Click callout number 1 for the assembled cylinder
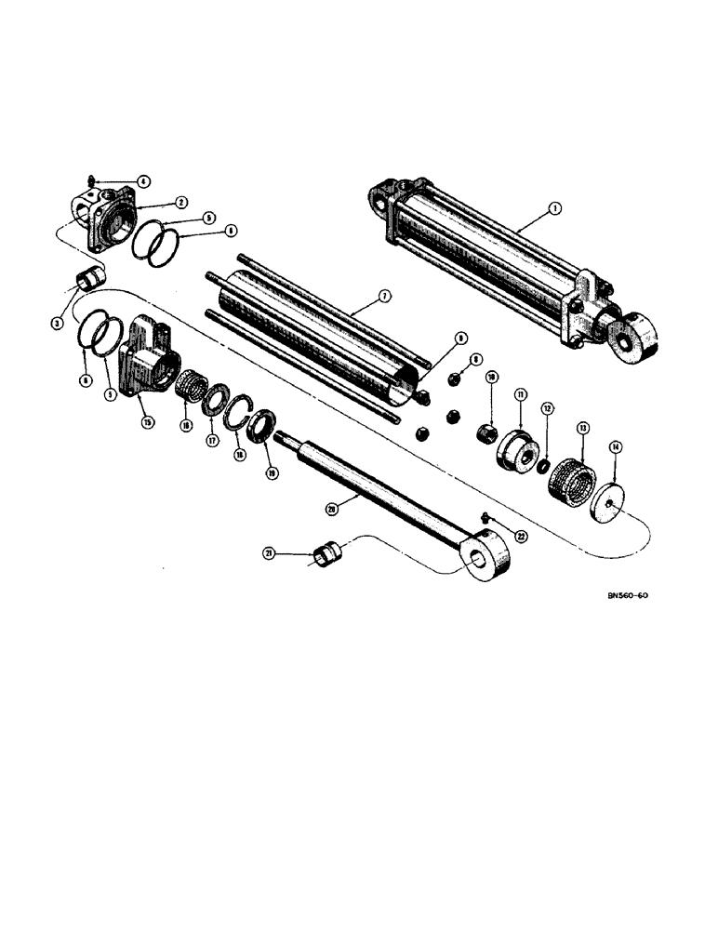pyautogui.click(x=554, y=210)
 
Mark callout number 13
pyautogui.click(x=583, y=429)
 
